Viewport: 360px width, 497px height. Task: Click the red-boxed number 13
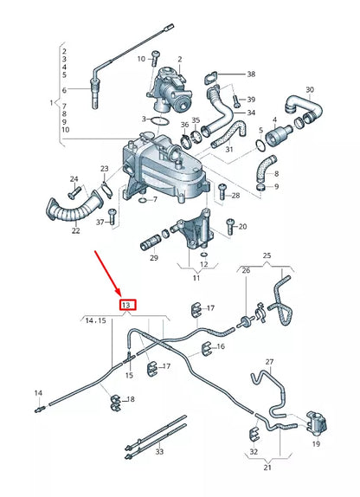[125, 306]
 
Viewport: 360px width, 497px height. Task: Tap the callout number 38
[251, 74]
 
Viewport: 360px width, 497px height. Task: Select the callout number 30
[310, 90]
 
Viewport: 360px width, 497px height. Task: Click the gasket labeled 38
[211, 84]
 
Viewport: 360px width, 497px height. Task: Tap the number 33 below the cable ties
[158, 451]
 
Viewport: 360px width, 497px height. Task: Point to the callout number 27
[269, 362]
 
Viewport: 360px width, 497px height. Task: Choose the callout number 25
[267, 256]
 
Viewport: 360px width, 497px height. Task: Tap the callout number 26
[246, 271]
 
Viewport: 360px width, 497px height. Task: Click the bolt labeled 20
[229, 227]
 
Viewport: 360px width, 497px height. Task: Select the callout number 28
[235, 197]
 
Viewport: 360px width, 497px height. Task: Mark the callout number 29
[153, 257]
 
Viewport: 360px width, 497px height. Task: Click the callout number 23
[105, 169]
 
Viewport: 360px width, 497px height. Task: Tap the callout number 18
[131, 399]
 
